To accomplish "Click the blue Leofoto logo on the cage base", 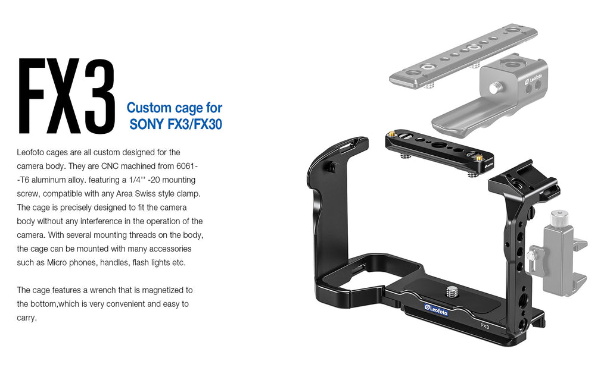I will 436,309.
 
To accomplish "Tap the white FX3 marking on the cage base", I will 485,326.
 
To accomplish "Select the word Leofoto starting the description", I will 31,152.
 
